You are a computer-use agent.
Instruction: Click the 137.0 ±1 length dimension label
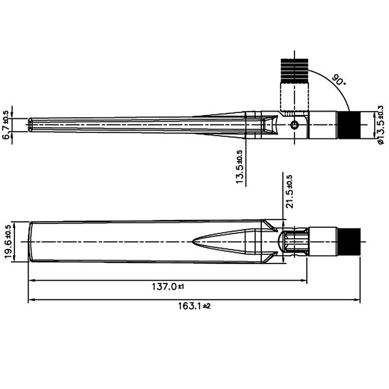168,287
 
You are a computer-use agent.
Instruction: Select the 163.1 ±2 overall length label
194,306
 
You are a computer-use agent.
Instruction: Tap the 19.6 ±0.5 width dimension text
8,242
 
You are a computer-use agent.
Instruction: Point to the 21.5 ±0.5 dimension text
290,192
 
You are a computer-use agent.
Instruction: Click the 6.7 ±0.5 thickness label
6,125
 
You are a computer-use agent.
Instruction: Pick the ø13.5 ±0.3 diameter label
380,125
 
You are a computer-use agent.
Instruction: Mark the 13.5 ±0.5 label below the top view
240,167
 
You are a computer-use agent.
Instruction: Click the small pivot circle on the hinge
295,125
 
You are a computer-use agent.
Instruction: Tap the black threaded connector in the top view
350,125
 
